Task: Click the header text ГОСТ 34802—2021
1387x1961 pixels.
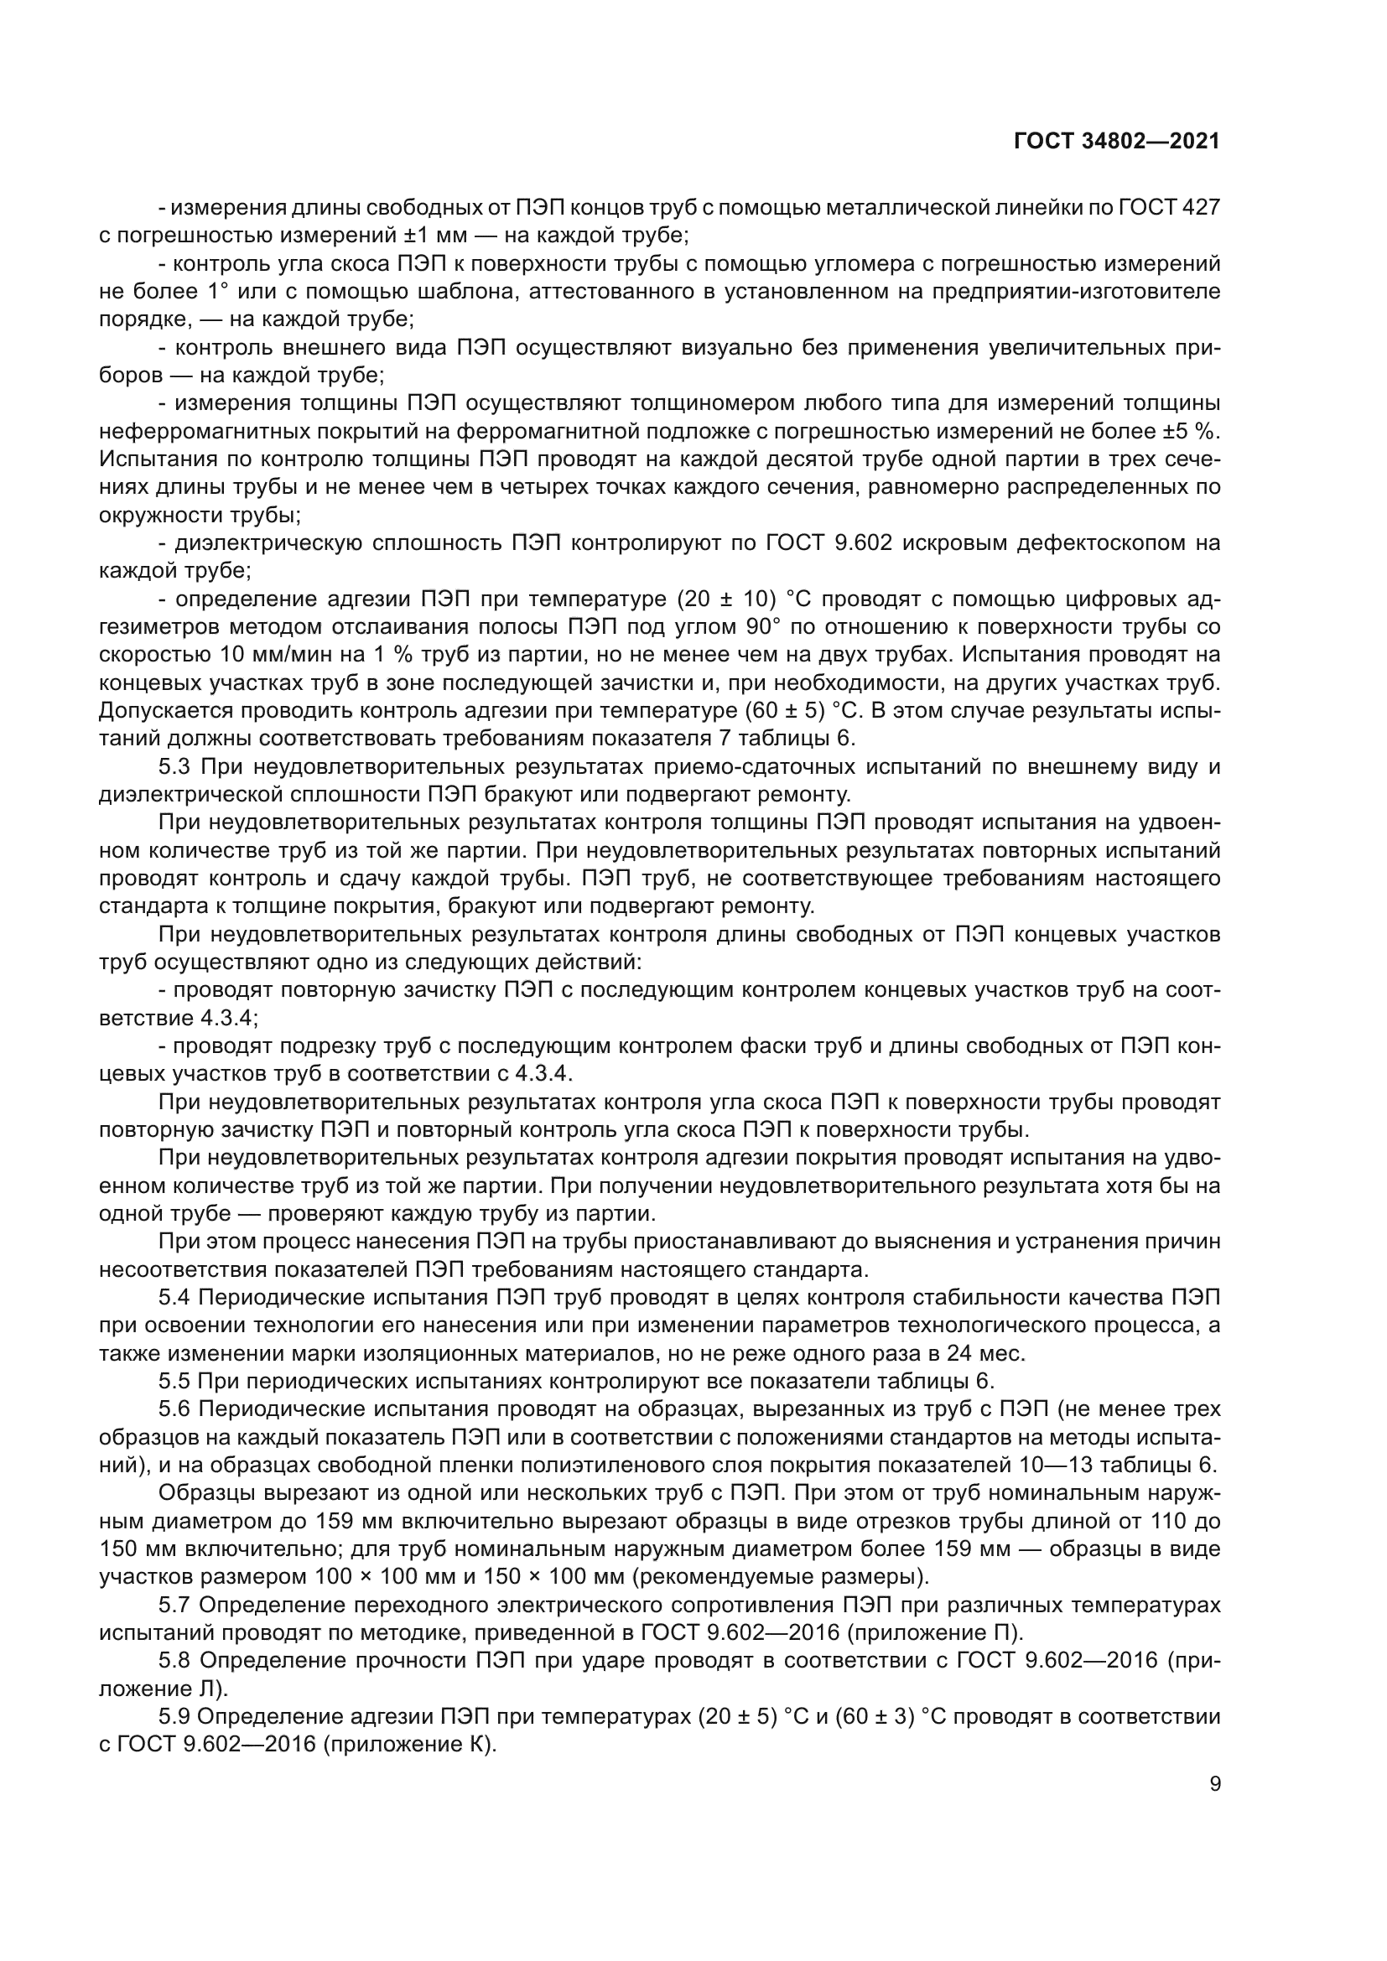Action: (1115, 142)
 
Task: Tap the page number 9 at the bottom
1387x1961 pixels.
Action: (1215, 1784)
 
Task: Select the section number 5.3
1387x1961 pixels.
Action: (176, 768)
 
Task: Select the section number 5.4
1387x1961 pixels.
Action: (176, 1298)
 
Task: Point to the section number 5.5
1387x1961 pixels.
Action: (176, 1382)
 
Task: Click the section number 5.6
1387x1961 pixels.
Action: (176, 1410)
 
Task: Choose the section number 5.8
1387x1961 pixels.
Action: (176, 1661)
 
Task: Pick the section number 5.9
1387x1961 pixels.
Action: (176, 1718)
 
